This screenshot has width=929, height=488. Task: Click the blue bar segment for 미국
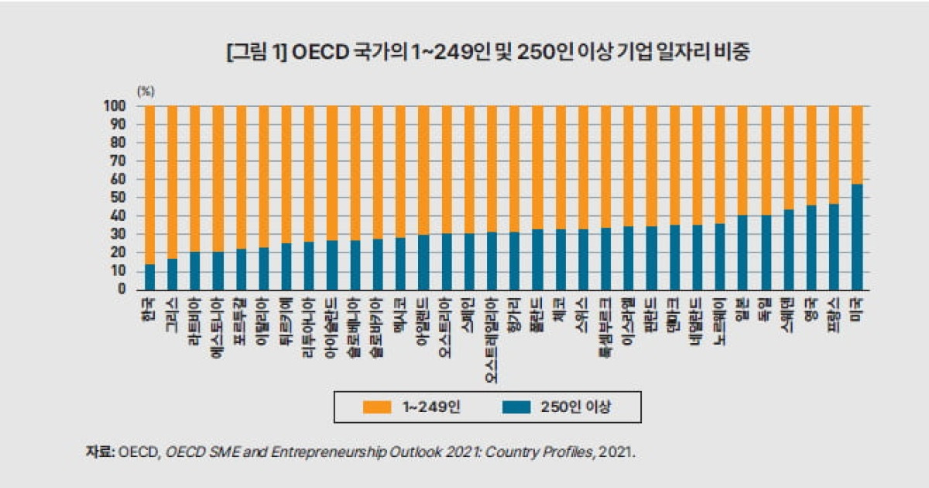[x=857, y=236]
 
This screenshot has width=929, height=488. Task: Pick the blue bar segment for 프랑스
[x=835, y=246]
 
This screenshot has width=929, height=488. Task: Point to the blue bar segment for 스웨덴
[x=789, y=249]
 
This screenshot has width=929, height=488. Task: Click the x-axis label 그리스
[x=173, y=313]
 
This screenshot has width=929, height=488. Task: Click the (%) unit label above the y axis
[x=146, y=91]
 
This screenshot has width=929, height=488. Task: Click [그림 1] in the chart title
[x=256, y=53]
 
